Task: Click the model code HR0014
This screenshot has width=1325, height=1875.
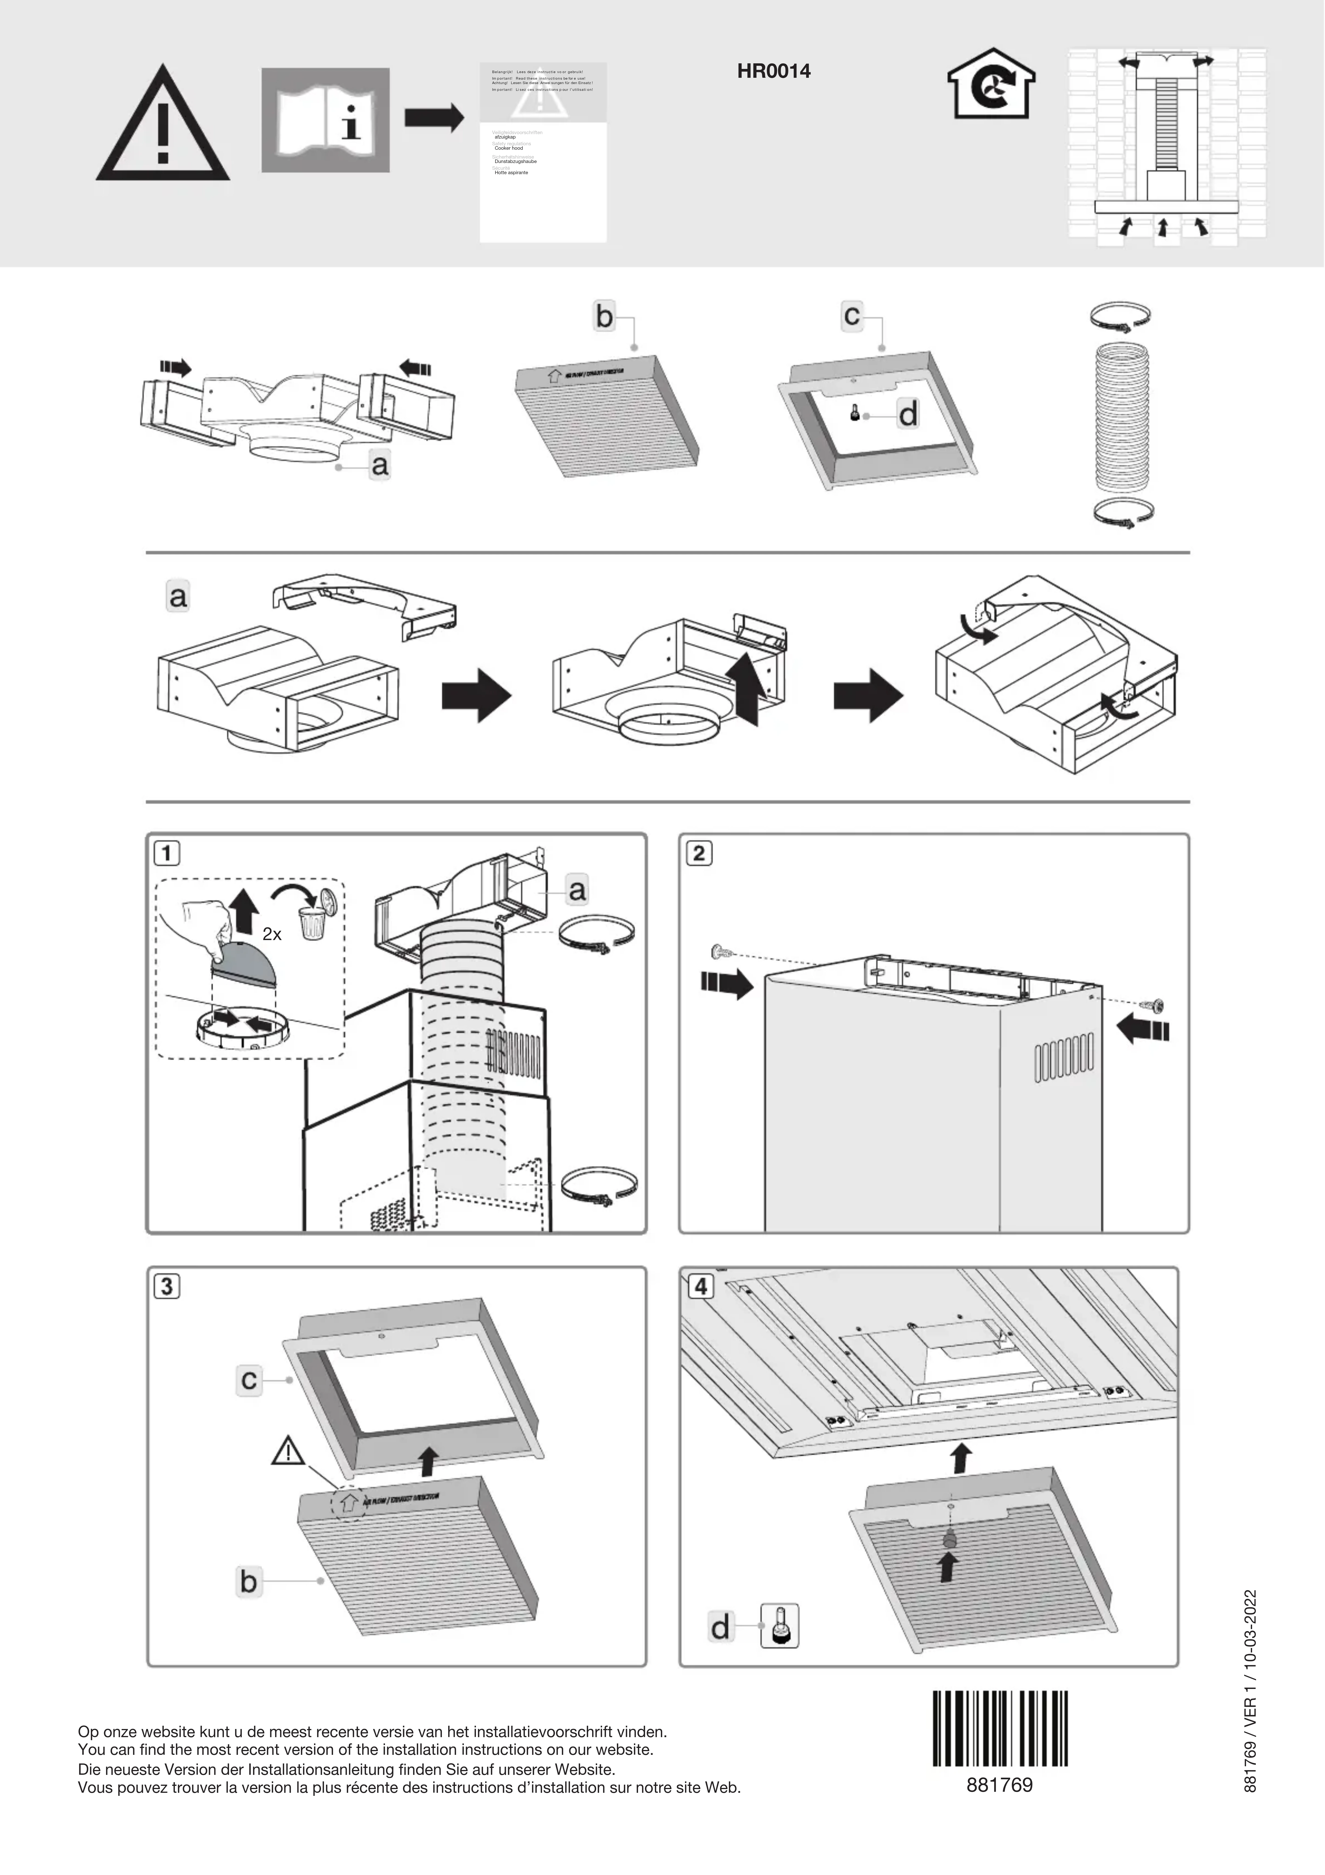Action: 774,71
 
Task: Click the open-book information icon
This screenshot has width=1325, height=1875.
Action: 325,120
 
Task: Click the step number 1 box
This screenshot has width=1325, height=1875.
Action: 167,853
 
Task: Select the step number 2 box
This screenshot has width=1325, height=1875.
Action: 698,853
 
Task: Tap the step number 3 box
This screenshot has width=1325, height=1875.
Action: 167,1287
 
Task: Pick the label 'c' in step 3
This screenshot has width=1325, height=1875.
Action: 249,1380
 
